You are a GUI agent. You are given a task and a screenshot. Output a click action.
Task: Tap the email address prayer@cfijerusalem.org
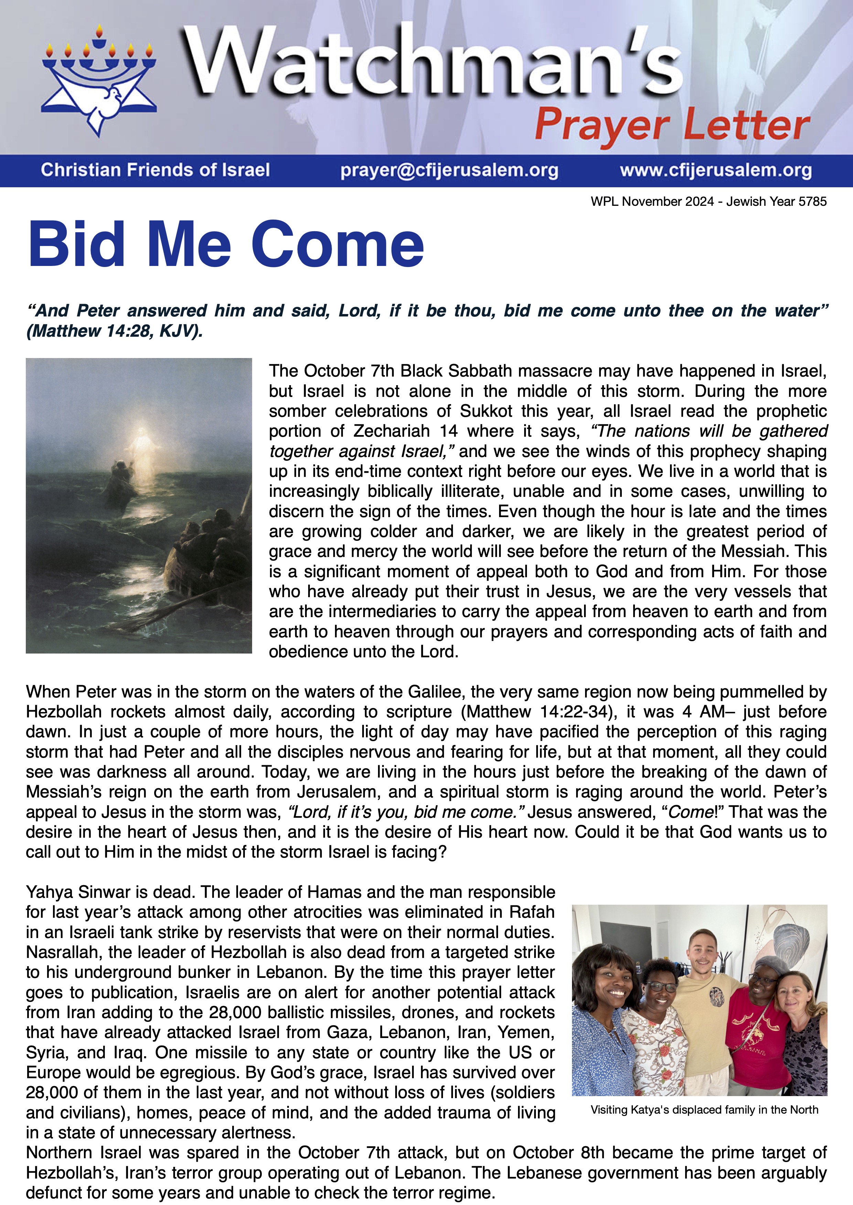pos(449,170)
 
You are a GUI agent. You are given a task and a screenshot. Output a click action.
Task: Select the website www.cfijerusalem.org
pos(715,170)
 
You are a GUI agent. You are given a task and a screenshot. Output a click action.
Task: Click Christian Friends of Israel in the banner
pos(155,170)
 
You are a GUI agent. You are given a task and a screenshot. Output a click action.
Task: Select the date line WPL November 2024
pos(708,202)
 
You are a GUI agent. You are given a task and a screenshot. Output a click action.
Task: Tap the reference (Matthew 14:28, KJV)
pos(115,331)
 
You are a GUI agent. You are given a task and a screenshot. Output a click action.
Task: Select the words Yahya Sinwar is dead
pos(111,892)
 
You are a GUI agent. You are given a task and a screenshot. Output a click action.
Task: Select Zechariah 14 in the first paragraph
pos(405,432)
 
